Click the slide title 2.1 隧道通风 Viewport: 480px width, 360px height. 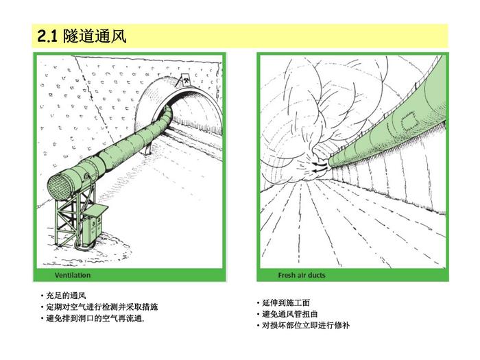coord(82,36)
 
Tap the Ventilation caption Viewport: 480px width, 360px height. coord(73,275)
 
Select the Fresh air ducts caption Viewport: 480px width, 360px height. coord(302,275)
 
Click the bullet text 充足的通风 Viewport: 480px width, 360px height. coord(66,296)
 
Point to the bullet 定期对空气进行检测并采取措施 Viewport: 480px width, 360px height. coord(102,307)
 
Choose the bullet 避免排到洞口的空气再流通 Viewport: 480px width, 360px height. coord(95,318)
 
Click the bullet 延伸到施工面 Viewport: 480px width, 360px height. coord(286,303)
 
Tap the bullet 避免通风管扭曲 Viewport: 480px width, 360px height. coord(290,314)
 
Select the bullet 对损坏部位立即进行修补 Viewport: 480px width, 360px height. coord(306,325)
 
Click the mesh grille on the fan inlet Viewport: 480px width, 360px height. coord(60,187)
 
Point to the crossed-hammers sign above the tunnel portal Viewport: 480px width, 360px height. coord(185,80)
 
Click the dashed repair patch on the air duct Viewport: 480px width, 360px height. coord(409,121)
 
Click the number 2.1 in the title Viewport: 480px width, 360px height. coord(47,36)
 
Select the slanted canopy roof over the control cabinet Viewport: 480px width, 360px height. coord(95,211)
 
